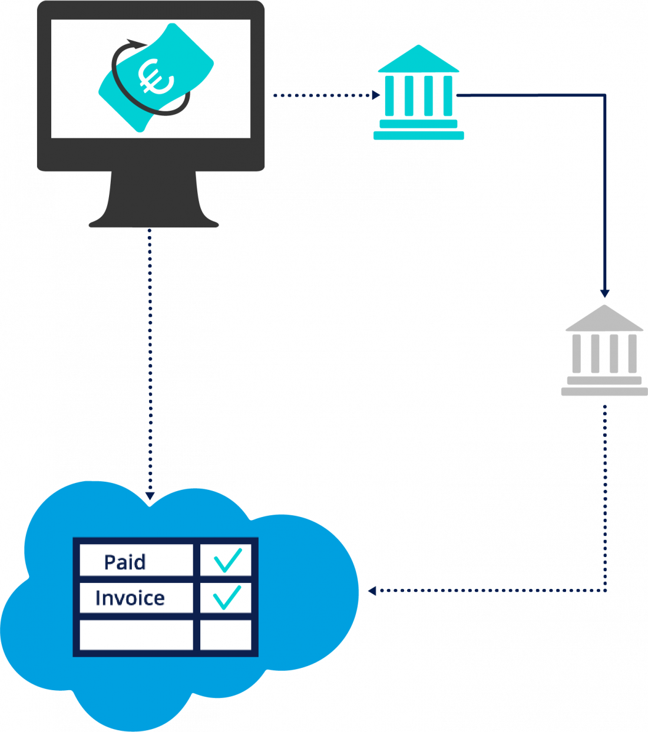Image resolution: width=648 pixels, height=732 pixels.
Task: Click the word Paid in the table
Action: [x=124, y=562]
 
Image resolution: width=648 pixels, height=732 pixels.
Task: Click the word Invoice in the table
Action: [x=130, y=598]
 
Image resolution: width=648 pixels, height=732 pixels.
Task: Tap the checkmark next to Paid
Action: [x=227, y=560]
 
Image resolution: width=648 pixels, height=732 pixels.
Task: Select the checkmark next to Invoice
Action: [x=227, y=597]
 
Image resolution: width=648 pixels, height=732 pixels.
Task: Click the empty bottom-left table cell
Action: [x=136, y=635]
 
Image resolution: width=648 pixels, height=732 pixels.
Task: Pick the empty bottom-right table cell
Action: [x=226, y=635]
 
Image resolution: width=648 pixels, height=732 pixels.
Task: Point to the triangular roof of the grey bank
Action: [x=604, y=320]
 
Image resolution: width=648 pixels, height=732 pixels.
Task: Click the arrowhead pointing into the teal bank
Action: [x=376, y=95]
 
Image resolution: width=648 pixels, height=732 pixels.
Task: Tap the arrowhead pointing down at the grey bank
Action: [x=604, y=293]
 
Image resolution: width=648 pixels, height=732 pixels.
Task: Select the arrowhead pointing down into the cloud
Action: [x=150, y=496]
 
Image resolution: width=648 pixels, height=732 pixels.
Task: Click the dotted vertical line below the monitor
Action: [x=150, y=353]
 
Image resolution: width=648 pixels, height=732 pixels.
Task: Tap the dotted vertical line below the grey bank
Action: [x=605, y=495]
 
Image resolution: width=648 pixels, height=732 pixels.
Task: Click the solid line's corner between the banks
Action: [x=604, y=95]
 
